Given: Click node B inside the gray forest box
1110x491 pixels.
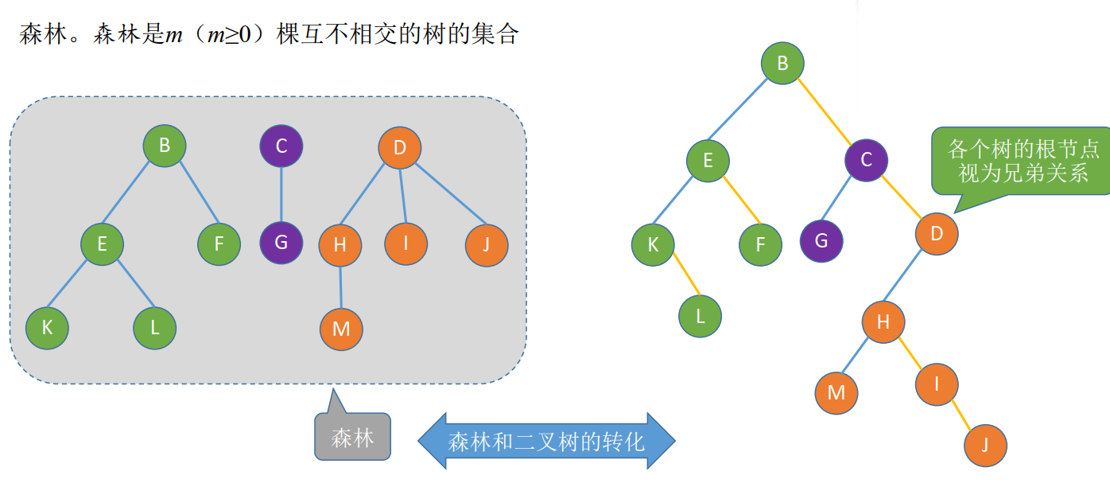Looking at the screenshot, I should (165, 146).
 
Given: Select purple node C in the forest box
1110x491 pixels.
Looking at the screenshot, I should (281, 146).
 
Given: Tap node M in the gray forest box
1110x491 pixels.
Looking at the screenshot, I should (341, 329).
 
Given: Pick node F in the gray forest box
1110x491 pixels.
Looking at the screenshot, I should (219, 244).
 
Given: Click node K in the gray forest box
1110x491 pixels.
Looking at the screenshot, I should (47, 328).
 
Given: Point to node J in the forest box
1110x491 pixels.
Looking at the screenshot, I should (487, 244).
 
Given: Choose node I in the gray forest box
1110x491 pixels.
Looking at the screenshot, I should (406, 243).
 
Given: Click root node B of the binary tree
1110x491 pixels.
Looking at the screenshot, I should (782, 64).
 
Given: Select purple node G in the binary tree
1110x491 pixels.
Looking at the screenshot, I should (822, 240).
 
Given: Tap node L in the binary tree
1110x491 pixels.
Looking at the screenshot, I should (700, 316).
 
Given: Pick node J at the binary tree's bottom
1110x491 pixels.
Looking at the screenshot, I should (985, 445).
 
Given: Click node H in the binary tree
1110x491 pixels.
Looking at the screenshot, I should (883, 322).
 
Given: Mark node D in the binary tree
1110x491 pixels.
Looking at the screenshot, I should (937, 234).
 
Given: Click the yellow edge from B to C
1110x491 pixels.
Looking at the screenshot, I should (825, 111).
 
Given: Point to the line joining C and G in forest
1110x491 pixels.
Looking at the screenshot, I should (281, 195).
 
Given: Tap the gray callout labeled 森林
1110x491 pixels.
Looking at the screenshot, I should (352, 437).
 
